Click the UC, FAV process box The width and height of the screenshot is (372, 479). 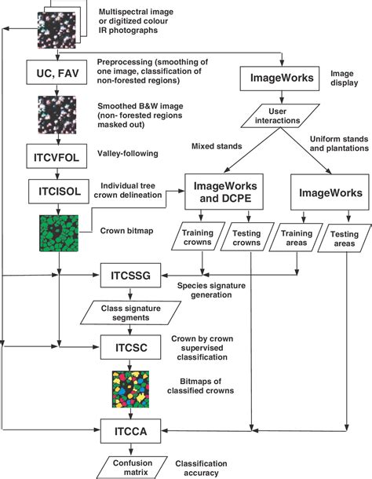[57, 72]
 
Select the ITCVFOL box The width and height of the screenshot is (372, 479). [57, 156]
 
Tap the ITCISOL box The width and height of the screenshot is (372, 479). [59, 192]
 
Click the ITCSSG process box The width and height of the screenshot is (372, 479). [130, 276]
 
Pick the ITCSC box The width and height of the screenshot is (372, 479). [130, 347]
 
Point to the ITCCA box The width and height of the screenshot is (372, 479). [130, 431]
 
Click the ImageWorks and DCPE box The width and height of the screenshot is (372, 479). [224, 192]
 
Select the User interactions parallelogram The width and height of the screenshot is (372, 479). [280, 115]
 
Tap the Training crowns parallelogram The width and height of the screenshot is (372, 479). [198, 236]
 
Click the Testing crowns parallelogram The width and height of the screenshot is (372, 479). [247, 237]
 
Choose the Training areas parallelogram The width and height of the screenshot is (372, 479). [296, 238]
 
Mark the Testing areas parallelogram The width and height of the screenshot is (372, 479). [345, 239]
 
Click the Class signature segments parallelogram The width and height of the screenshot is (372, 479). [131, 313]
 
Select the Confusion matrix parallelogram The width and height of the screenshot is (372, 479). [133, 468]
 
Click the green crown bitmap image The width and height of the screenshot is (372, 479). [59, 233]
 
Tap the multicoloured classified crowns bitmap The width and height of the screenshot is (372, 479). [130, 389]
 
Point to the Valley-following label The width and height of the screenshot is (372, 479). [128, 153]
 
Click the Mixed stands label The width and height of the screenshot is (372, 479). [217, 146]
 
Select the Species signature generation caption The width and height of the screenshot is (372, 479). [211, 291]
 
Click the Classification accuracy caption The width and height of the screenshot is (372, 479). [201, 468]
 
